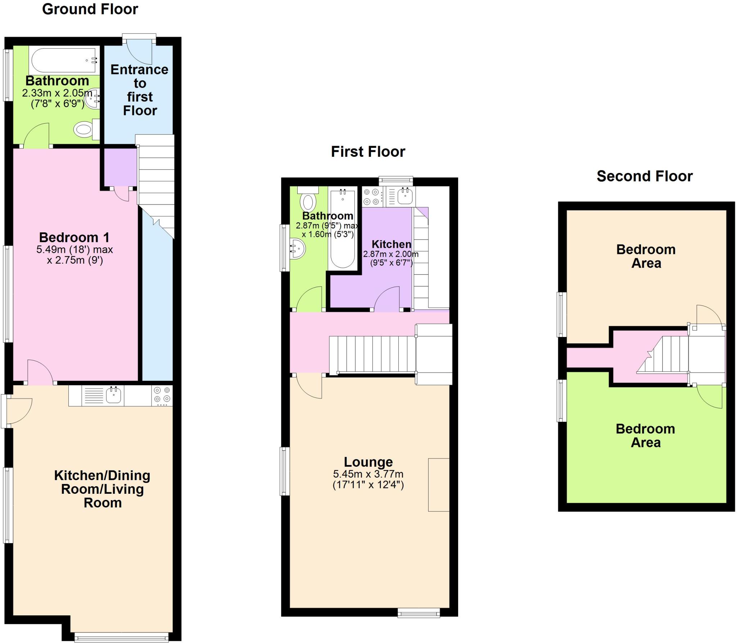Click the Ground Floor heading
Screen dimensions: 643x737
(x=90, y=9)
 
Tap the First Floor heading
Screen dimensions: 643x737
(x=368, y=151)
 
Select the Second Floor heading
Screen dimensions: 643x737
(x=645, y=176)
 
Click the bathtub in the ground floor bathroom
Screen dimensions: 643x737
(x=64, y=60)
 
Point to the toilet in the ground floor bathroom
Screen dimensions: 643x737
(x=86, y=129)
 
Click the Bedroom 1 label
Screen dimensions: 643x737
(x=74, y=237)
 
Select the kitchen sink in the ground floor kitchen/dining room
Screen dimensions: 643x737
(x=113, y=395)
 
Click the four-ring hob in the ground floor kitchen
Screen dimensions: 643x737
(x=162, y=395)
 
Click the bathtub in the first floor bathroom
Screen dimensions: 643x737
(x=342, y=228)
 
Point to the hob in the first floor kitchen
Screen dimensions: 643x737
(x=372, y=197)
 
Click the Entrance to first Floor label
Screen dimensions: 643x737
(x=140, y=90)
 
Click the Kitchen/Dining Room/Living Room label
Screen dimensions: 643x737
(x=102, y=489)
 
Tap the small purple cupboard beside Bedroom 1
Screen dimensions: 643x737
(x=121, y=167)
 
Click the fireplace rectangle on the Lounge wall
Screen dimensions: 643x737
(x=438, y=484)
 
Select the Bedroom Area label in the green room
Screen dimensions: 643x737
(x=645, y=435)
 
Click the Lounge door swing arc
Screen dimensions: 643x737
(x=309, y=386)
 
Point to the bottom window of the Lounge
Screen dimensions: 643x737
(x=419, y=613)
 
